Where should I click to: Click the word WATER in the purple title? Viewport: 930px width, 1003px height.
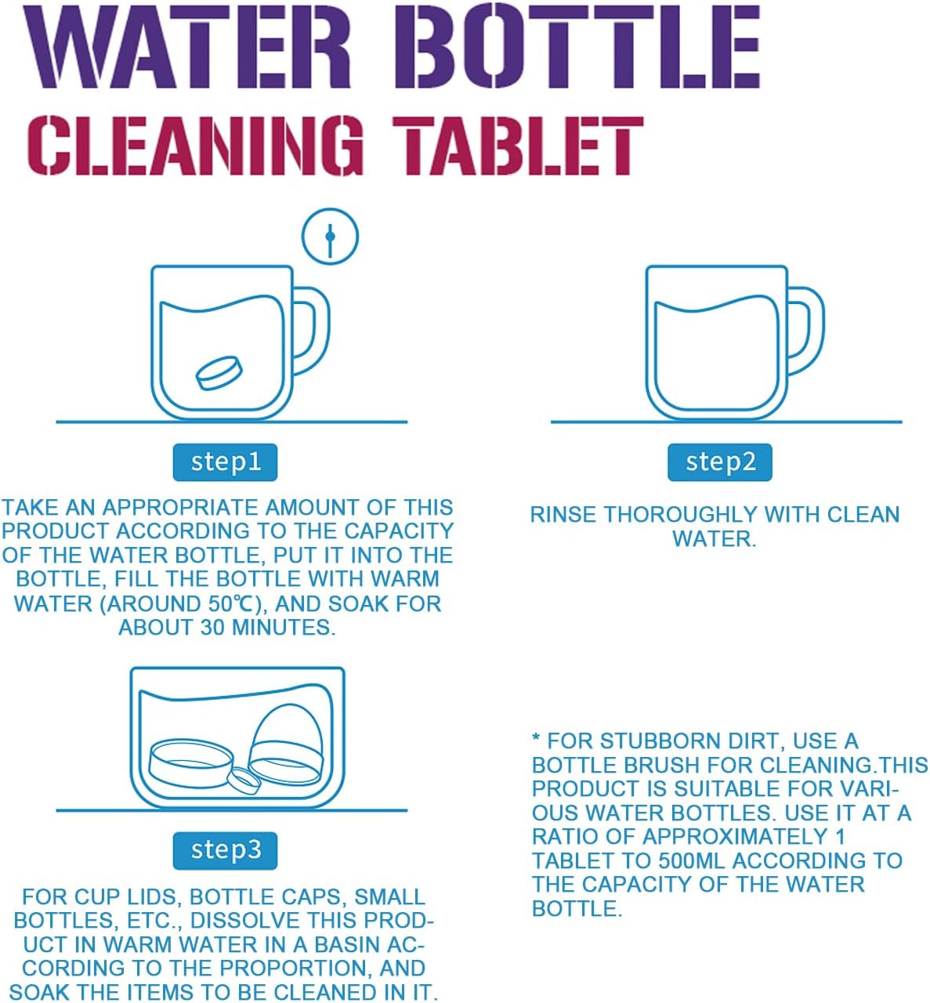coord(188,46)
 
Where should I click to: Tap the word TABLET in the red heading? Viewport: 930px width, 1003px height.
coord(519,146)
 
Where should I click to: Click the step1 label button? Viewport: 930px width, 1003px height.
coord(226,462)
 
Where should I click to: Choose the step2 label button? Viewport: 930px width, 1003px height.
coord(720,462)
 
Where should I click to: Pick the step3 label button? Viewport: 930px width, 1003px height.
coord(226,850)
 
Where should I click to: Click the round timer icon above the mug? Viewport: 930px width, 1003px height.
coord(331,237)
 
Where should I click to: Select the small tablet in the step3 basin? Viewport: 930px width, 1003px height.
coord(244,780)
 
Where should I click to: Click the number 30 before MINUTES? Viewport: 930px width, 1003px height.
coord(212,628)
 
